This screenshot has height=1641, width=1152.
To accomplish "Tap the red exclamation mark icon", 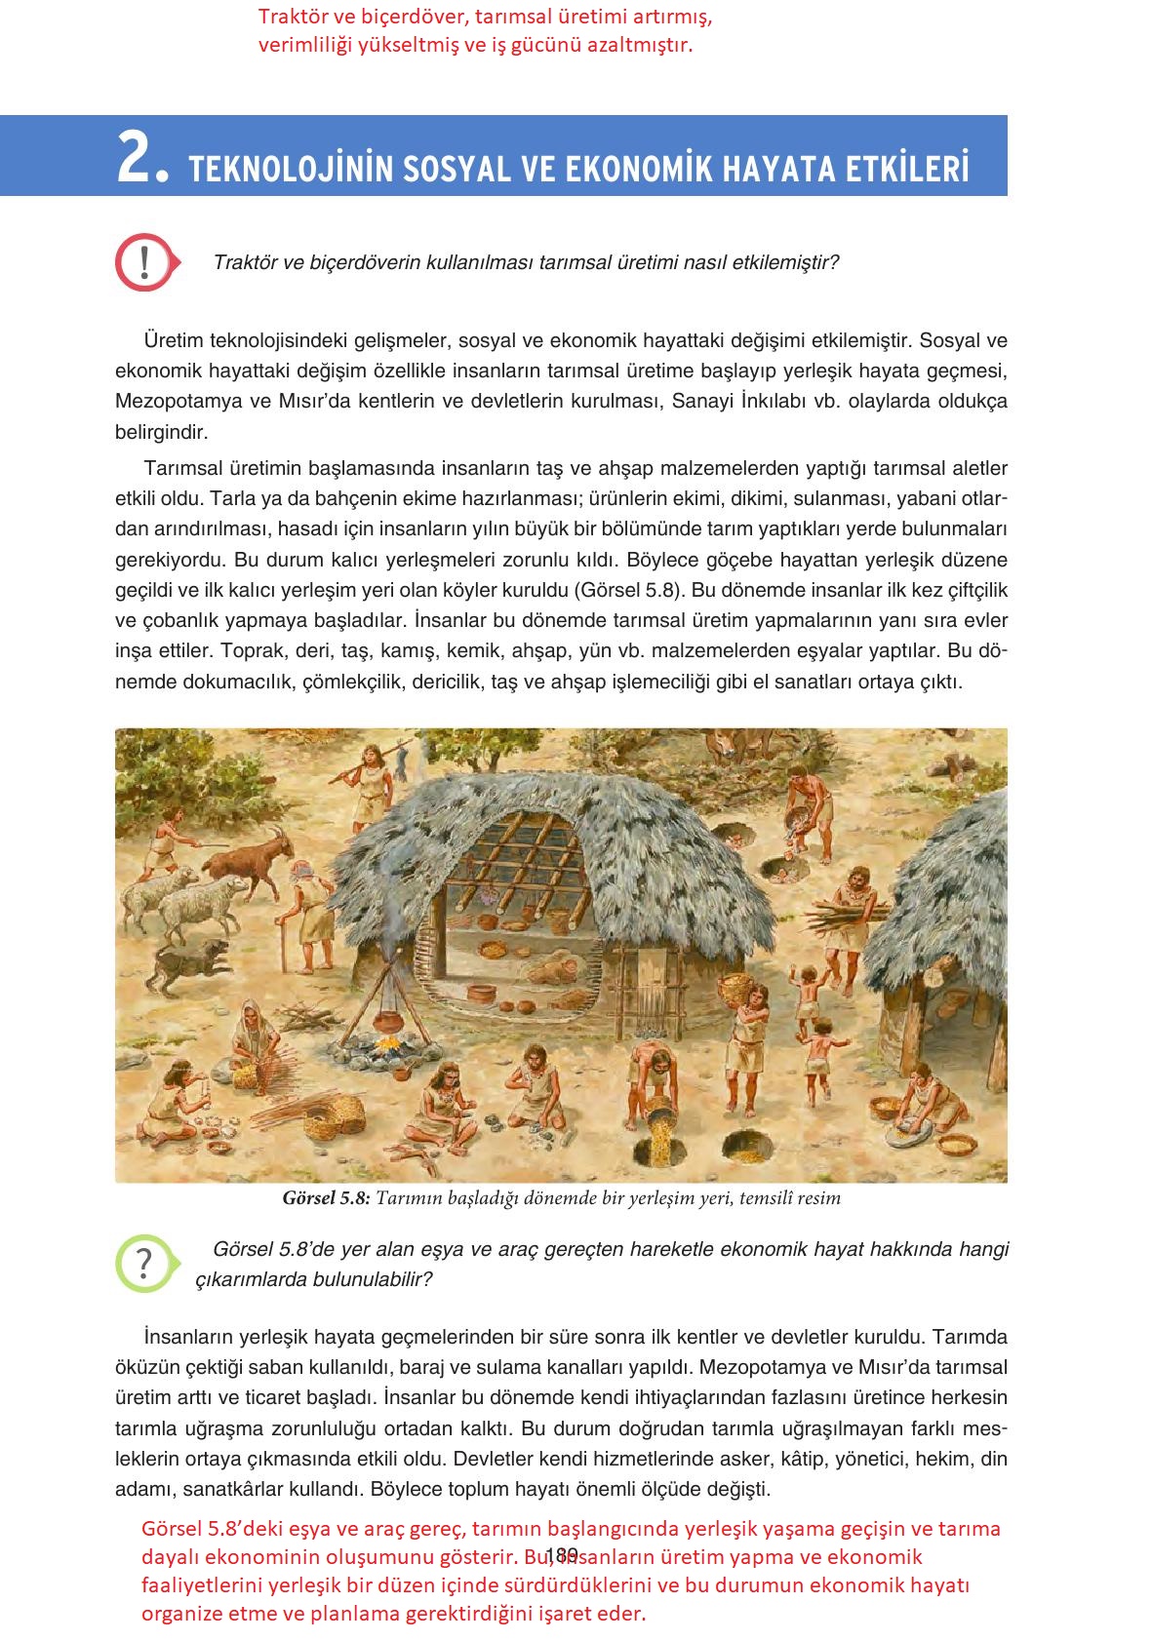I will [144, 261].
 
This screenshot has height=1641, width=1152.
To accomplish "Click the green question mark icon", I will [144, 1263].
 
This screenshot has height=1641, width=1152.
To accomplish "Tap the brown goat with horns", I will [248, 857].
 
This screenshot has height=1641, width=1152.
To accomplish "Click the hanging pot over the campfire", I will [387, 1022].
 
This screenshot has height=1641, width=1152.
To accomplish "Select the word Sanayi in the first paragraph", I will [701, 401].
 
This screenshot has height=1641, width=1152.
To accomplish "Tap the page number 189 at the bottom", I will [563, 1554].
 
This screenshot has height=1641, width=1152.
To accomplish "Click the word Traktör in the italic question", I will [244, 262].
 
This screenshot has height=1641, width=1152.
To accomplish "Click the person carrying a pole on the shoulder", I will [371, 780].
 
